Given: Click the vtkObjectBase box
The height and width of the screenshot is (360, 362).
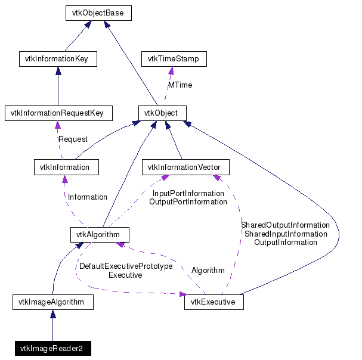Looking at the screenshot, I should click(x=98, y=13).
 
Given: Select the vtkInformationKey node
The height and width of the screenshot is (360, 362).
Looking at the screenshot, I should click(x=57, y=59).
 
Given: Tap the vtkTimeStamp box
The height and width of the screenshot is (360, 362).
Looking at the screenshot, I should click(x=174, y=59).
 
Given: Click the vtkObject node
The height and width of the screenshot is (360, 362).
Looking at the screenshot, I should click(x=162, y=113).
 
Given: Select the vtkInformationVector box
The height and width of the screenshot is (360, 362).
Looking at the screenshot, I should click(x=184, y=167).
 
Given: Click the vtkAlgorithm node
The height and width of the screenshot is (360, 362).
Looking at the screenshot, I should click(x=100, y=234).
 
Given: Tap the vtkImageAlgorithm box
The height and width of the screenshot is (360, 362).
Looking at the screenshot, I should click(x=52, y=302).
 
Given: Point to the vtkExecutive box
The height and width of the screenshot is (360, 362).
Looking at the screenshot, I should click(x=214, y=302).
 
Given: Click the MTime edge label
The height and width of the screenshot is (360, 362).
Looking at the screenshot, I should click(x=180, y=85).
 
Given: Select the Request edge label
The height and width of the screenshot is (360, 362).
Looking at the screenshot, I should click(x=73, y=139).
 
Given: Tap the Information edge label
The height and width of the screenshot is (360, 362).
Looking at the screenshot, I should click(x=88, y=197).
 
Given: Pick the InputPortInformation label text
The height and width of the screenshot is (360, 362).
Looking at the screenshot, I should click(x=188, y=194).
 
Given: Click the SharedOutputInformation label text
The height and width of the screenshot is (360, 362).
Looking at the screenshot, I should click(x=285, y=225).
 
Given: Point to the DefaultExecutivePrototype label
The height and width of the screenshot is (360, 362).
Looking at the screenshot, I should click(x=125, y=266).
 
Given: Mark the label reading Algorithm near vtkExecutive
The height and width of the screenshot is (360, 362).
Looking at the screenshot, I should click(x=208, y=270).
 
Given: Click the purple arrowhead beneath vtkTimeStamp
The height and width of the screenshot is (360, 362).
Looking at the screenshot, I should click(x=171, y=70).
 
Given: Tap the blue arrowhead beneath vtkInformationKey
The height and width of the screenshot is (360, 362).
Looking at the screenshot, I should click(x=58, y=70).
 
